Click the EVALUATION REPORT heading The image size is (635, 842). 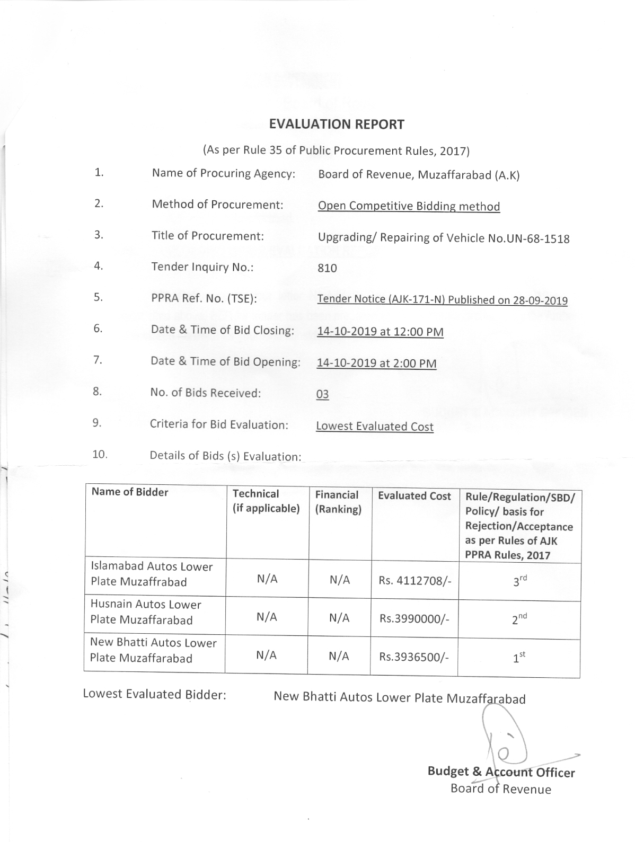[x=337, y=125]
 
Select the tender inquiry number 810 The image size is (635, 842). [x=327, y=268]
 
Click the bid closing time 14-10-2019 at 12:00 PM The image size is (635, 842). [x=380, y=332]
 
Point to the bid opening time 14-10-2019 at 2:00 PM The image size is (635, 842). [x=376, y=363]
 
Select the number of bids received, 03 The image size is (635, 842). [x=322, y=394]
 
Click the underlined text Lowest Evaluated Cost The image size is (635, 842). [x=374, y=427]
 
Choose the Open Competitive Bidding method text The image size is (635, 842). [x=409, y=206]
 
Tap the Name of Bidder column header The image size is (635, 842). [x=130, y=492]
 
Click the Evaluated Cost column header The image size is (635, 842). [x=414, y=496]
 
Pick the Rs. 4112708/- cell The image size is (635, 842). [x=415, y=581]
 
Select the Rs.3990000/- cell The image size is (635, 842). [x=414, y=618]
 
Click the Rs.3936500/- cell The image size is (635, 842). [x=414, y=657]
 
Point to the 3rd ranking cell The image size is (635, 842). [x=519, y=581]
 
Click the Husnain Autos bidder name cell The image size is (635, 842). [x=146, y=612]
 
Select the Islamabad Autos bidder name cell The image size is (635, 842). [x=151, y=574]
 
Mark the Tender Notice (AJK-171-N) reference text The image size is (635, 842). [x=442, y=300]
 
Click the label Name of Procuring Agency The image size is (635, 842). [x=223, y=173]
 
